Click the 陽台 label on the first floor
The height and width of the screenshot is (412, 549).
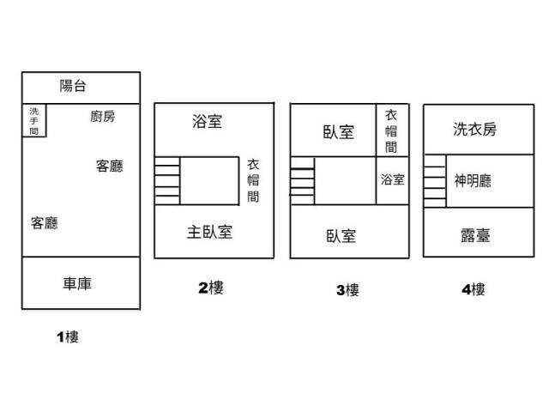point(72,86)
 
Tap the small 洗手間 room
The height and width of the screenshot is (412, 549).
point(34,120)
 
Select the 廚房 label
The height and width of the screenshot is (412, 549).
point(103,117)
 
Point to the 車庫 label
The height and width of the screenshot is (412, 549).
point(77,283)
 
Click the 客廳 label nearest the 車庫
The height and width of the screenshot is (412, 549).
point(44,223)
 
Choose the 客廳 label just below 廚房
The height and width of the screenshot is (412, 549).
point(110,166)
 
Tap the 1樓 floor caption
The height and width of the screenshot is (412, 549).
point(68,337)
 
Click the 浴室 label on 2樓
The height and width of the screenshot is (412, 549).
point(207,121)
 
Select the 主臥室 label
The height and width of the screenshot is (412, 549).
point(209,232)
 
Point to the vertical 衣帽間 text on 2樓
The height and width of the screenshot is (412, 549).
point(253,180)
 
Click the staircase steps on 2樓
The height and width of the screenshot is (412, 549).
point(167,181)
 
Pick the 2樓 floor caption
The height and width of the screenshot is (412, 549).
point(211,288)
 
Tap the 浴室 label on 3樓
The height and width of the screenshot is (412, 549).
point(393,179)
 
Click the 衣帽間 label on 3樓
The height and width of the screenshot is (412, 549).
point(391,131)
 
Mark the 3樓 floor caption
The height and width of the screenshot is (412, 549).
point(347,290)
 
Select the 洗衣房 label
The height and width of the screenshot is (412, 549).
point(474,129)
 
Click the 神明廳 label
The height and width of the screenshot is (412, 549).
point(473,181)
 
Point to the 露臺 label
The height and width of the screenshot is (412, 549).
point(475,235)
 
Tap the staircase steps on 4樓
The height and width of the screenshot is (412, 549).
point(435,181)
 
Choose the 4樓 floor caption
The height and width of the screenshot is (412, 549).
point(474,289)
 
